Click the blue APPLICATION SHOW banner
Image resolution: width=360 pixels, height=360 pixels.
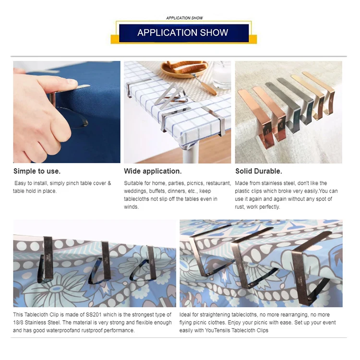pyautogui.click(x=184, y=33)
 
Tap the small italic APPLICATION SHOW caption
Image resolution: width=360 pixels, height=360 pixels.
pyautogui.click(x=185, y=18)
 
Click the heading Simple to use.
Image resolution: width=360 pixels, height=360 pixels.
pyautogui.click(x=37, y=171)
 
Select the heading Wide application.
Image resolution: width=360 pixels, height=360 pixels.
pyautogui.click(x=153, y=171)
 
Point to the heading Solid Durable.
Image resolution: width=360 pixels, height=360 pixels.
pyautogui.click(x=259, y=171)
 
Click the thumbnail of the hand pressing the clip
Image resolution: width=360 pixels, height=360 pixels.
pyautogui.click(x=67, y=112)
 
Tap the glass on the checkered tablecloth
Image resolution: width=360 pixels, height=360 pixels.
pyautogui.click(x=221, y=75)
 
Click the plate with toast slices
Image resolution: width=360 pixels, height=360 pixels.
pyautogui.click(x=184, y=69)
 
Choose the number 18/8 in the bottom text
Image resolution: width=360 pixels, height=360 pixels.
pyautogui.click(x=18, y=323)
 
